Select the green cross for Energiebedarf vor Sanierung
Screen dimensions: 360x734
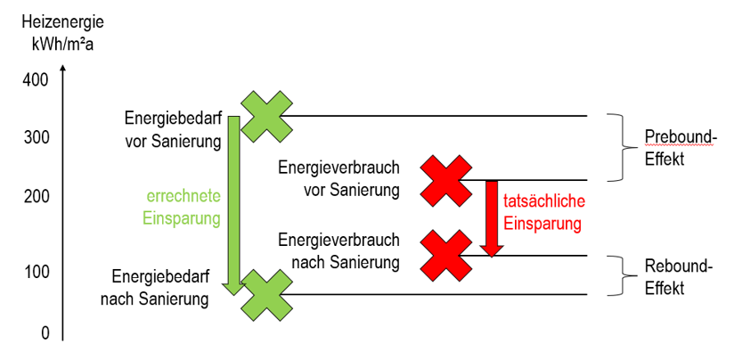[x=265, y=116]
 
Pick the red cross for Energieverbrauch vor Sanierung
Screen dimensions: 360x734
[x=445, y=180]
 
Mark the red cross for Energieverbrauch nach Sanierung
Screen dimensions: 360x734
[x=445, y=256]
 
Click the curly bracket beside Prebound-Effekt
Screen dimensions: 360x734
[x=617, y=147]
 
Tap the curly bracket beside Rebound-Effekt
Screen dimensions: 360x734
[x=617, y=275]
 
